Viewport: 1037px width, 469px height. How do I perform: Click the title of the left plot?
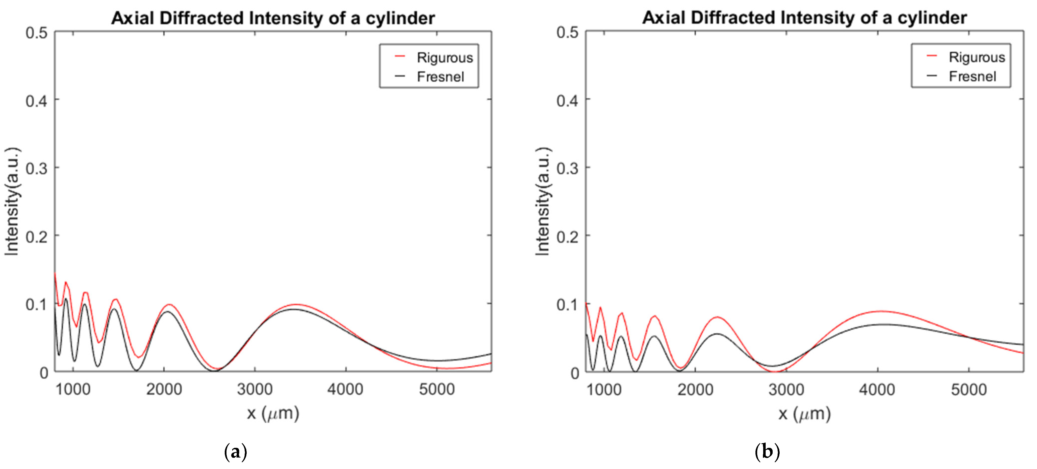273,18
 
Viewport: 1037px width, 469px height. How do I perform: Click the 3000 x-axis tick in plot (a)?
255,389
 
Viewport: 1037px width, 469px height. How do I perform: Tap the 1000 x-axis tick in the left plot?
73,389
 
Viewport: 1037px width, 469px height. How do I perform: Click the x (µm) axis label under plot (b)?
804,413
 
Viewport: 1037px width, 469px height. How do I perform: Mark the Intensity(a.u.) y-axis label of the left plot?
12,201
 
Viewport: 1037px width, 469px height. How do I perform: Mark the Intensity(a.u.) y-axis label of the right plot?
543,201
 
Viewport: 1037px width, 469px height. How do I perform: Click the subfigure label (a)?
235,452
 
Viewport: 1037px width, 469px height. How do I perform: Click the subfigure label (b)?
767,452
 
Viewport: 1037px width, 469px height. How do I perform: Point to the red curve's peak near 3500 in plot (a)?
296,304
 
